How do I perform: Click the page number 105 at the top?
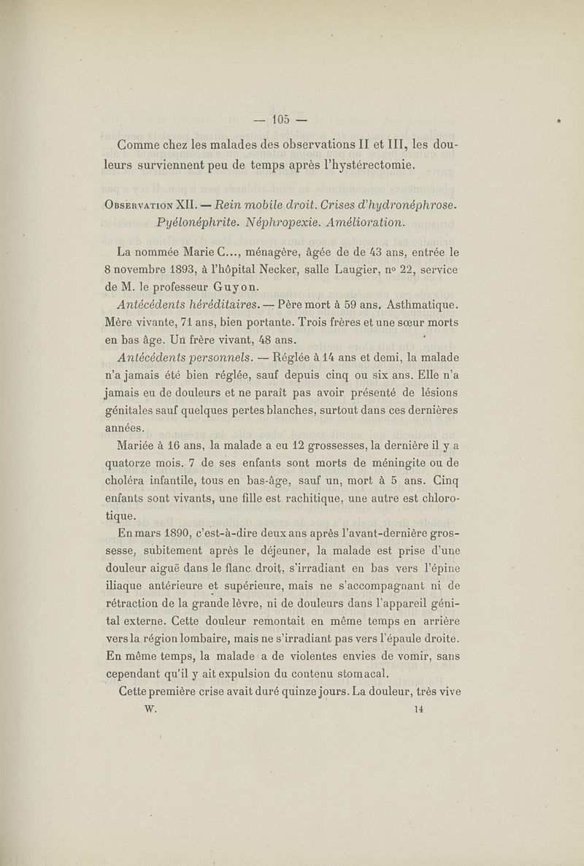coord(281,118)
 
